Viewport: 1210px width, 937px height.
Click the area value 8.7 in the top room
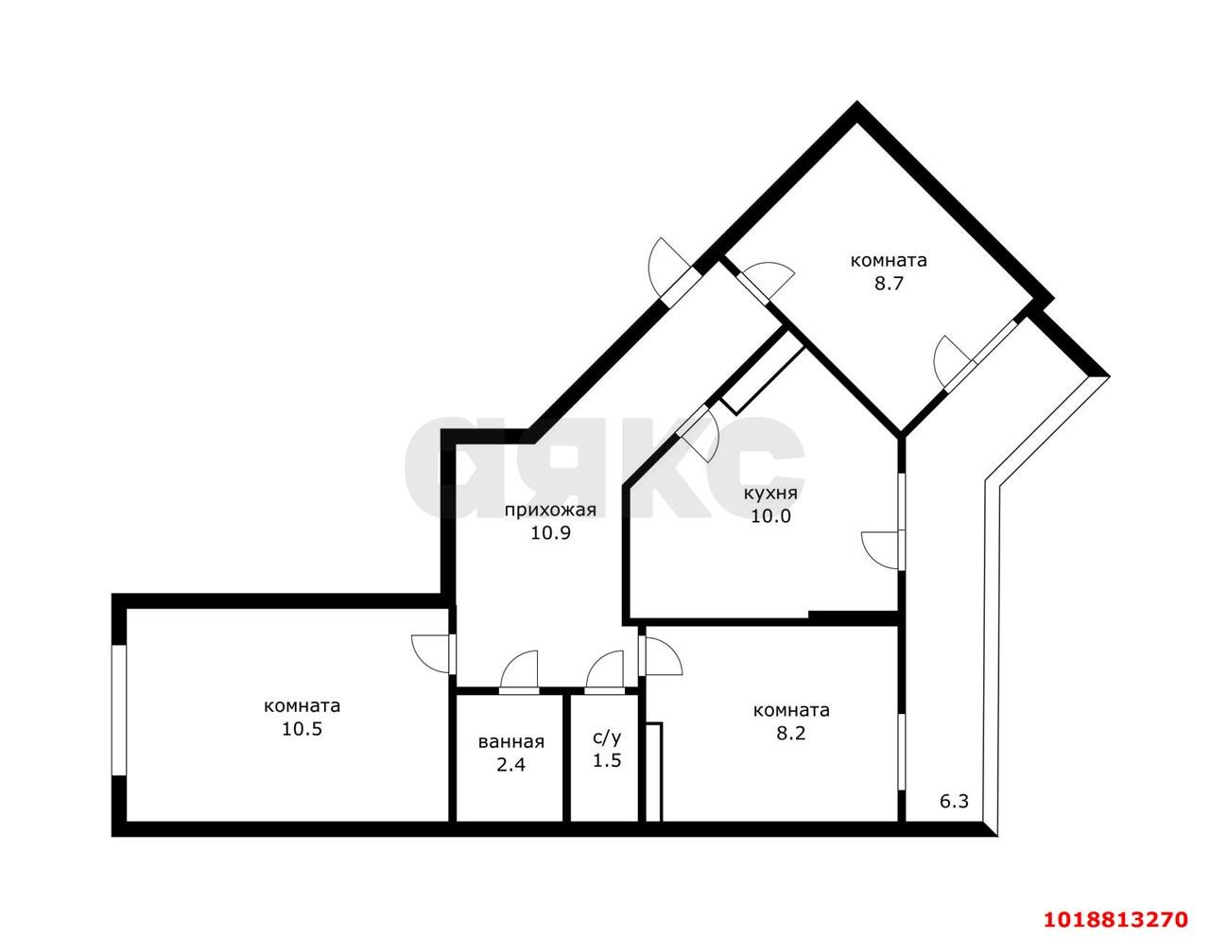[889, 284]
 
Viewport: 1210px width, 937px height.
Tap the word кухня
[770, 494]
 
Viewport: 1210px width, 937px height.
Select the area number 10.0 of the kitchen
[770, 516]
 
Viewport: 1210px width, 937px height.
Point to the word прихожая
[550, 510]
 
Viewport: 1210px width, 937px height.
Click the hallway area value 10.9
[550, 533]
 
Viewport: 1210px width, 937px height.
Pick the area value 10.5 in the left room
[302, 729]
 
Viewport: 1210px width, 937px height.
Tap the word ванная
[511, 742]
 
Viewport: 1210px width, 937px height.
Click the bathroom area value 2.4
[510, 765]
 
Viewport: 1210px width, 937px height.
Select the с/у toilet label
[606, 738]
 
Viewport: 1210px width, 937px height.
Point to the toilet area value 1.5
[606, 760]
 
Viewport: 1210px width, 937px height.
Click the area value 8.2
[790, 733]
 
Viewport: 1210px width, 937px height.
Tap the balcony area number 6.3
[955, 802]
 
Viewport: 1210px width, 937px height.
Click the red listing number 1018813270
[1115, 904]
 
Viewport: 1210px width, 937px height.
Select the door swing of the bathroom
[519, 672]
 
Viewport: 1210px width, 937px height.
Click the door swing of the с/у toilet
[604, 672]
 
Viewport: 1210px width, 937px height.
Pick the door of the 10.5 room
[433, 654]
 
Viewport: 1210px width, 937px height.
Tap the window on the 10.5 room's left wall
[118, 710]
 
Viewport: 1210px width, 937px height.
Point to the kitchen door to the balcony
[882, 550]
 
